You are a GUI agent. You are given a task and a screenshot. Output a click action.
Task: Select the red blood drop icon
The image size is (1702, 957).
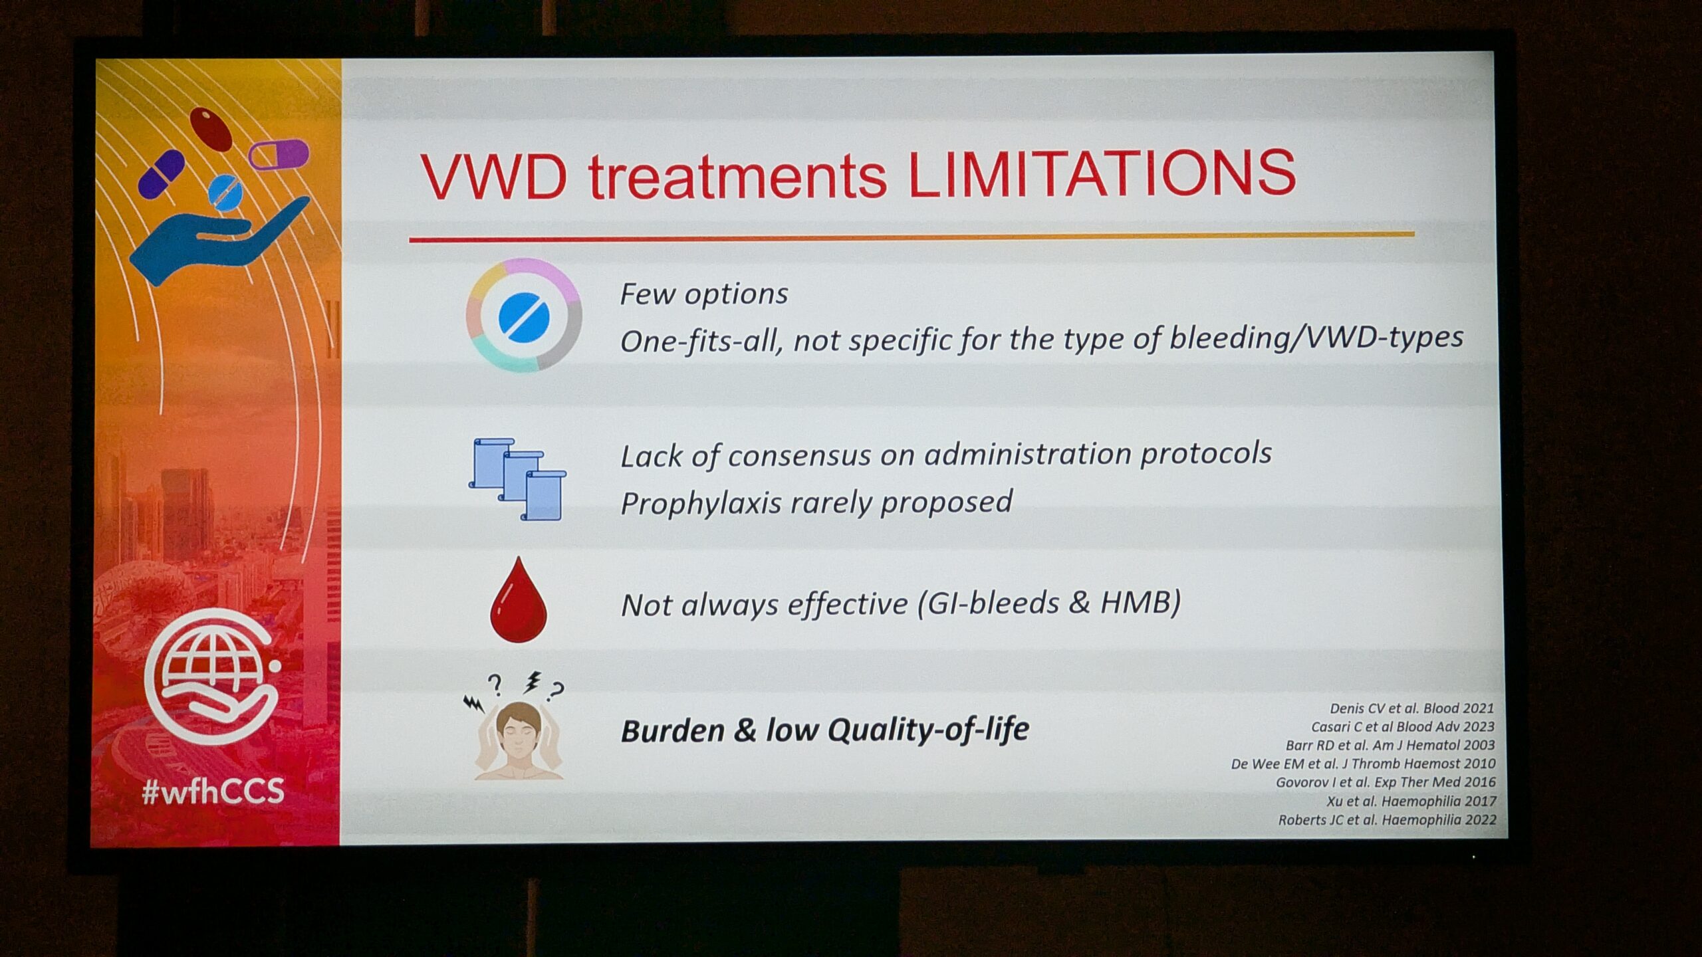pos(518,600)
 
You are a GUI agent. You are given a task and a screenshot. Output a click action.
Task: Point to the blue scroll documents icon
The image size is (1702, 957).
pos(517,479)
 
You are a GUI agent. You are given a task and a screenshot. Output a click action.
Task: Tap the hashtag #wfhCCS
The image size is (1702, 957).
pos(213,792)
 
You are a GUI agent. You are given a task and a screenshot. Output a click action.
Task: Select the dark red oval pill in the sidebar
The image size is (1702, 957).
pos(211,129)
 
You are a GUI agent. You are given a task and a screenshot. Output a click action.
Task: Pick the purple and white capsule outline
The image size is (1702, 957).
pos(279,154)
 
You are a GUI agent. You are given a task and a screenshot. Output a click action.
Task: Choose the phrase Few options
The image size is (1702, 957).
pos(704,294)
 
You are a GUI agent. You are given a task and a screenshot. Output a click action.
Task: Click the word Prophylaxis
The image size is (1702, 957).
pos(701,504)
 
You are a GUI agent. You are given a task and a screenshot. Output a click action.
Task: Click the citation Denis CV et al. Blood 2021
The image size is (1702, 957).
pos(1411,708)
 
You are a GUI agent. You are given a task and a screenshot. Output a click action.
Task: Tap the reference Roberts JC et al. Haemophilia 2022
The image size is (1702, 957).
pos(1387,820)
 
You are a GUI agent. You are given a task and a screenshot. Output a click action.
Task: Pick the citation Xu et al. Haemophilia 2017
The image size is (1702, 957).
pos(1411,801)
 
